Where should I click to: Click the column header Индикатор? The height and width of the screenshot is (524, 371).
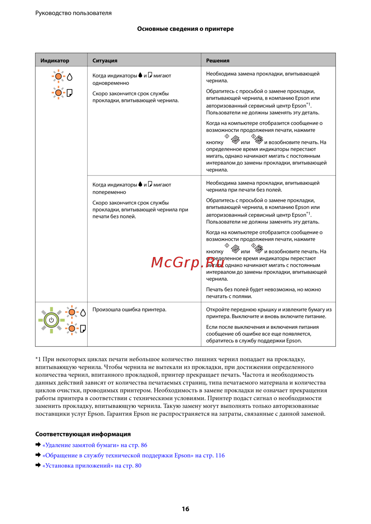(55, 60)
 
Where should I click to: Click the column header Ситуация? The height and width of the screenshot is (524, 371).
(105, 60)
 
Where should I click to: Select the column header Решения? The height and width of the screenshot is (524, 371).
(218, 60)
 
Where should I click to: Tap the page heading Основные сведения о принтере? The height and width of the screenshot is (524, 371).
(185, 29)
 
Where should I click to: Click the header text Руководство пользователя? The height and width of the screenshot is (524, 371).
(73, 13)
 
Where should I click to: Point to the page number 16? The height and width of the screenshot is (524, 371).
(185, 509)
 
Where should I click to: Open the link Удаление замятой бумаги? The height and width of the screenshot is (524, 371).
(95, 445)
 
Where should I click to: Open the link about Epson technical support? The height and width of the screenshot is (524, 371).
(134, 455)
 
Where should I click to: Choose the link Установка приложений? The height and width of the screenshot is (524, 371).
(92, 466)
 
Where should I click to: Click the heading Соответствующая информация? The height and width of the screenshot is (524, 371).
(83, 434)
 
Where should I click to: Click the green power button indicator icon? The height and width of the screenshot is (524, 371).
(51, 320)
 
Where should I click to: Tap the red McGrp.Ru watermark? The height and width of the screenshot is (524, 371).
(188, 262)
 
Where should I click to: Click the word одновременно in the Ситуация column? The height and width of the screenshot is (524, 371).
(111, 83)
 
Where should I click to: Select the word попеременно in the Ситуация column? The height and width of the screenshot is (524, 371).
(109, 192)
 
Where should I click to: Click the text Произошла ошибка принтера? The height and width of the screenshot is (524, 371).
(129, 310)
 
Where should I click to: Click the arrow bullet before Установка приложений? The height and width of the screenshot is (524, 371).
(38, 465)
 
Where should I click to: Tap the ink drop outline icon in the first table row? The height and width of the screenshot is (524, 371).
(70, 77)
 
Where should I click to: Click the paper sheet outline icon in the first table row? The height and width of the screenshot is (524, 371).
(69, 93)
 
